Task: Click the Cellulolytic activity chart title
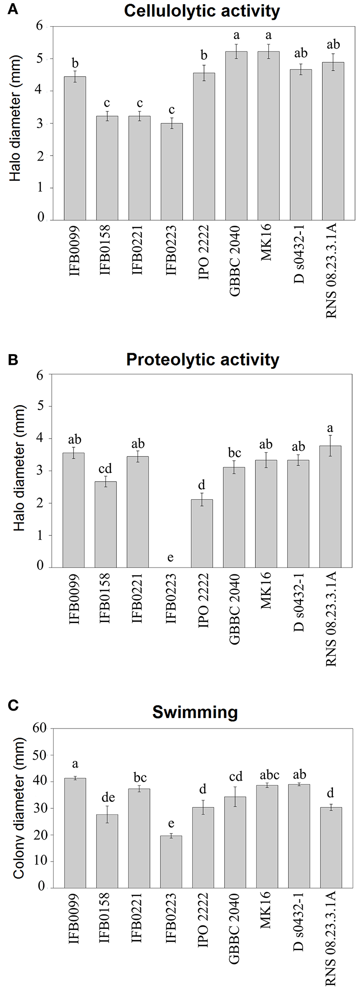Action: [202, 11]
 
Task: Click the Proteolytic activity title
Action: [202, 360]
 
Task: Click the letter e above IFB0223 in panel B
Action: [170, 557]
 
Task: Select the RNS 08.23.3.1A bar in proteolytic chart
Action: [332, 506]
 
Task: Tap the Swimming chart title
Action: [195, 712]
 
